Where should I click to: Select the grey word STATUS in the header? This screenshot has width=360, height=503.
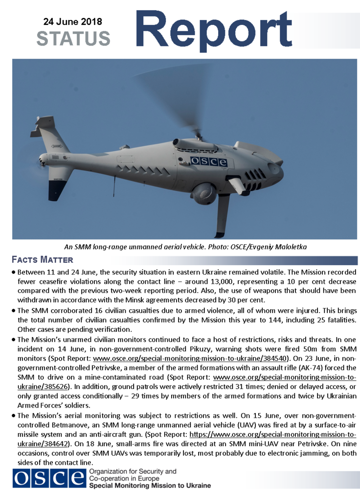tap(73, 38)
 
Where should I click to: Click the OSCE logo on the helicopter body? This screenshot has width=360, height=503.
tap(209, 161)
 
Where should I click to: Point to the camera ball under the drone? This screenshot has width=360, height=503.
tap(204, 193)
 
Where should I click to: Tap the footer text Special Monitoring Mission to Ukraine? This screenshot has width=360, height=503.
tap(150, 486)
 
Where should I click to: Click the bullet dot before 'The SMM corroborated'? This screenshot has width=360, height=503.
tap(13, 312)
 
